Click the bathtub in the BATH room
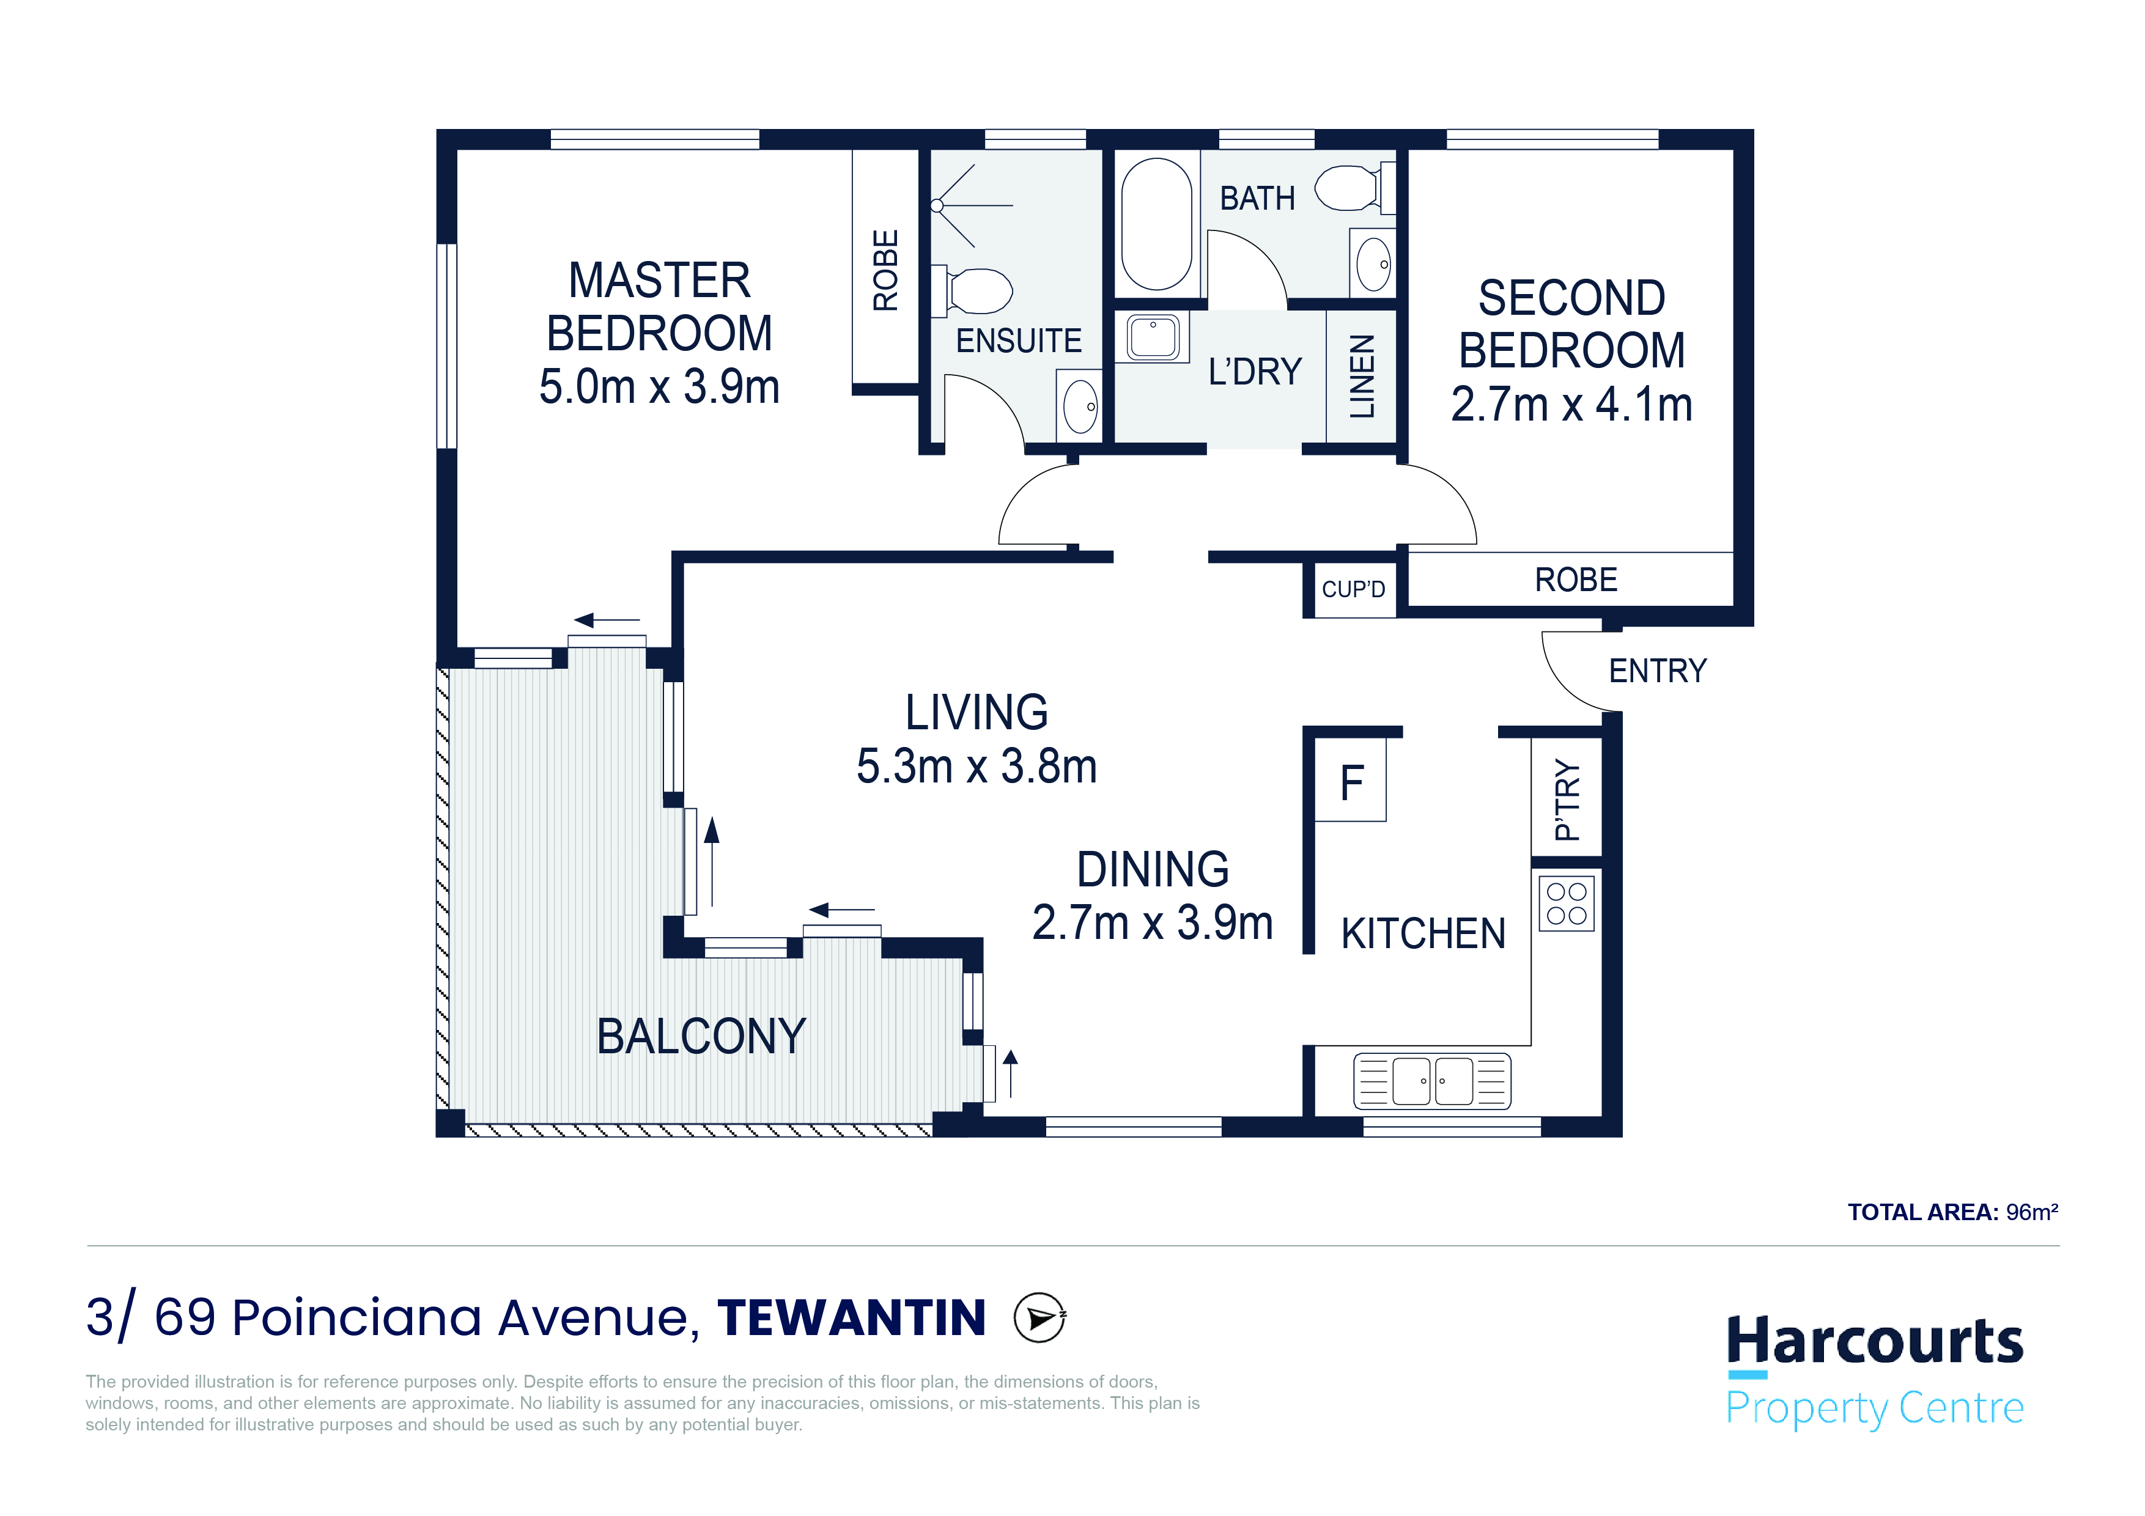click(1157, 224)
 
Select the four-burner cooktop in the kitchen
click(1567, 903)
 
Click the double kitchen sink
click(1432, 1081)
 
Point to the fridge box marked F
click(1350, 781)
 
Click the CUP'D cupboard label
click(1353, 589)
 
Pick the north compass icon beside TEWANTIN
click(1040, 1318)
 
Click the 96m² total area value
click(2032, 1212)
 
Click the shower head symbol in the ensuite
click(937, 205)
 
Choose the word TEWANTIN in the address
click(851, 1318)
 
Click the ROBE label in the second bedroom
click(1576, 580)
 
